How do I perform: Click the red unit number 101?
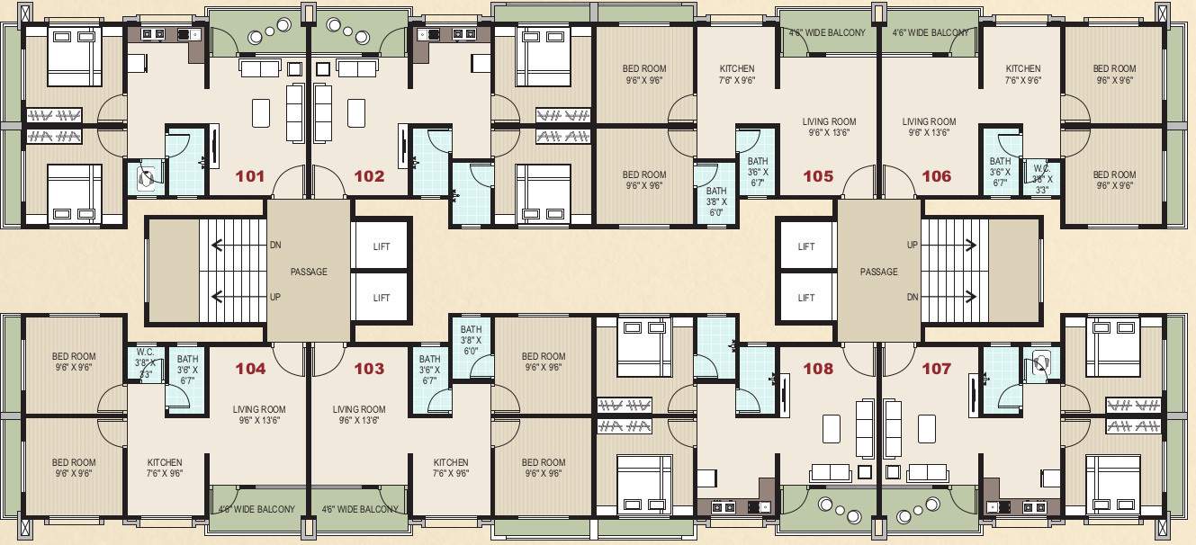pos(249,176)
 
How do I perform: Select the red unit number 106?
pos(936,176)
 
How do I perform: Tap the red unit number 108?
pos(817,369)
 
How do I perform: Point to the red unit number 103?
pos(369,369)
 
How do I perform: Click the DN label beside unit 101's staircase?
pos(274,245)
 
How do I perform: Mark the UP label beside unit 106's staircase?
pos(912,245)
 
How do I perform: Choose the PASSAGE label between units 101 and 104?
pos(309,272)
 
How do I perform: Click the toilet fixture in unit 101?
pos(146,177)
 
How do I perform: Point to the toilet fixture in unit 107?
pos(1041,364)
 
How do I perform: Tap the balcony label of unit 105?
pos(827,33)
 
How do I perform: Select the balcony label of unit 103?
pos(360,509)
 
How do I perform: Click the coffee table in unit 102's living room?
pos(356,112)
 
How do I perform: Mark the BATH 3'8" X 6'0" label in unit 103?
pos(472,340)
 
